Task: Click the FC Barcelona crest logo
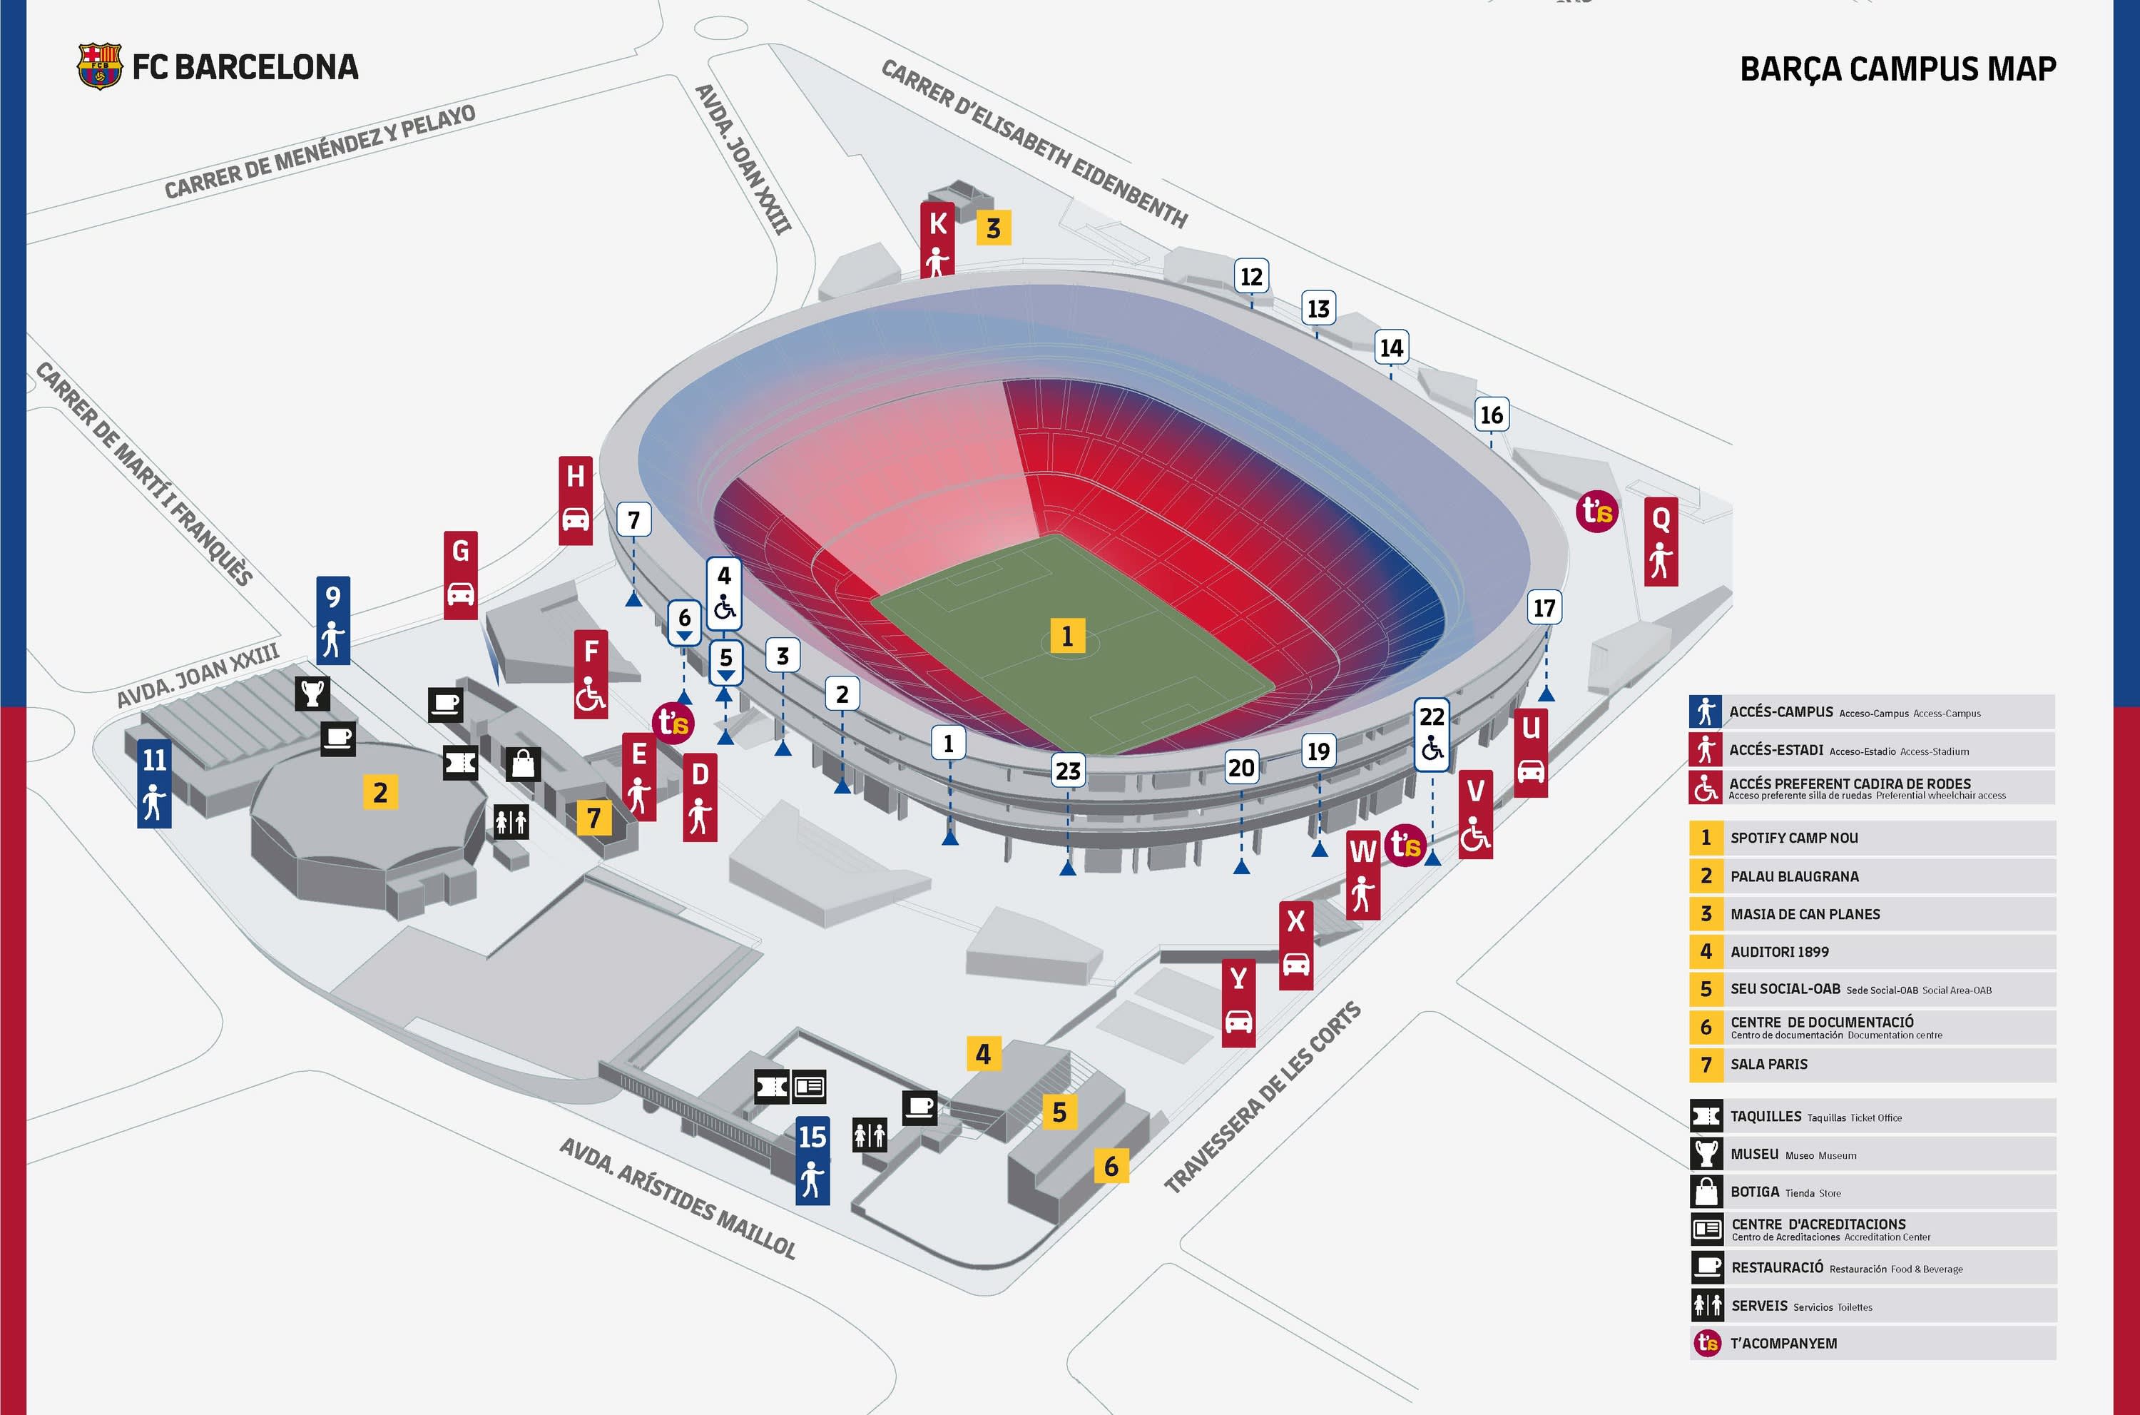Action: coord(99,66)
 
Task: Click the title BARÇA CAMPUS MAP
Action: coord(1897,69)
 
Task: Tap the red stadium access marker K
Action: coord(937,239)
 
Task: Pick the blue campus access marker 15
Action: coord(812,1160)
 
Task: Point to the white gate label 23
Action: coord(1068,771)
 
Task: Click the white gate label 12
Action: coord(1251,277)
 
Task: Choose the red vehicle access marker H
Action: coord(576,501)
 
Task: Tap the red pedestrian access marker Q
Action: coord(1661,542)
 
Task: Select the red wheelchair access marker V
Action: coord(1475,814)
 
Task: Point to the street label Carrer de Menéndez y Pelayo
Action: coord(320,151)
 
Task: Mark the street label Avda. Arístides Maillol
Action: coord(678,1197)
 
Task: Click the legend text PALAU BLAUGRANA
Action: coord(1795,876)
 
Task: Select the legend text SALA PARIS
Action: coord(1768,1064)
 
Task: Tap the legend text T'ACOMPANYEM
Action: coord(1783,1344)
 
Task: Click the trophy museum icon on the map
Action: coord(312,693)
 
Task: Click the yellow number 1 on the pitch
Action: coord(1067,637)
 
